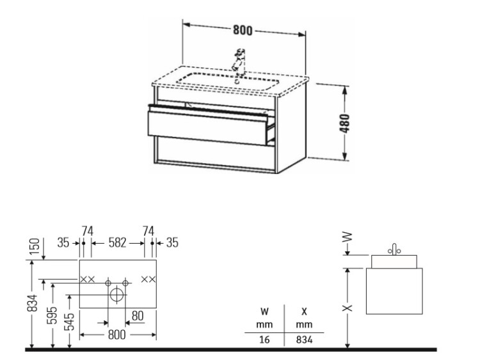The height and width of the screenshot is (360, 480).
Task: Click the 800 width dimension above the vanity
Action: tap(243, 30)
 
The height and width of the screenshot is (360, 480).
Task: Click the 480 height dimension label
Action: tap(345, 123)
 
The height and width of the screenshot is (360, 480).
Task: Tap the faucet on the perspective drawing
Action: tap(239, 63)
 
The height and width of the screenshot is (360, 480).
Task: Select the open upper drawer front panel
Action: tap(207, 127)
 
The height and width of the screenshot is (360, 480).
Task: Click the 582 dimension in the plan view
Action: tap(117, 242)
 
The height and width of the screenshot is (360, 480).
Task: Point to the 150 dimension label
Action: tap(35, 247)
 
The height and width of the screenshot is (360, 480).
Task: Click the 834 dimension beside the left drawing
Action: tap(33, 303)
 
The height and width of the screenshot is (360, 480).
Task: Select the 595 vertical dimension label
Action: tap(52, 315)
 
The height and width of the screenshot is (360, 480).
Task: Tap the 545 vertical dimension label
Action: tap(70, 322)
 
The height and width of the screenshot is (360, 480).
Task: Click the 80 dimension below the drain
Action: tap(138, 316)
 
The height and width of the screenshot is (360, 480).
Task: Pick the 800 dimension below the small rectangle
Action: tap(116, 334)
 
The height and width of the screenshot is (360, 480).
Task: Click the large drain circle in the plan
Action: tap(116, 295)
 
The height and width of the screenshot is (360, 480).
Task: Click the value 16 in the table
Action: tap(264, 340)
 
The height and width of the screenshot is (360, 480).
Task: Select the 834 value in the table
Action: tap(304, 340)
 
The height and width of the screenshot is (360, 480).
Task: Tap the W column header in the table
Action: tap(264, 311)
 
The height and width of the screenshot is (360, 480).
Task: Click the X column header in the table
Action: tap(304, 311)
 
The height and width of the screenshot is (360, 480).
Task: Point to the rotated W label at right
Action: tap(347, 237)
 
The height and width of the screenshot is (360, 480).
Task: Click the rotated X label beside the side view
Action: tap(347, 308)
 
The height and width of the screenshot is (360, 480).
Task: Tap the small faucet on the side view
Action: tap(394, 249)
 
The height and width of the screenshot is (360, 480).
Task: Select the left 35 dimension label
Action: tap(63, 243)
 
